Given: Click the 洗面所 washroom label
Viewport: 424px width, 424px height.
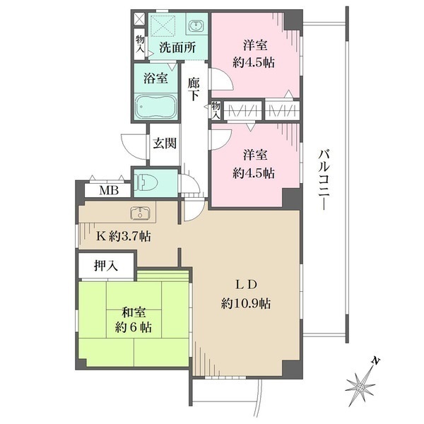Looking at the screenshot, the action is [177, 47].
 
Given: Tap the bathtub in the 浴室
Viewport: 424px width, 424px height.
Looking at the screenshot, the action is [155, 107].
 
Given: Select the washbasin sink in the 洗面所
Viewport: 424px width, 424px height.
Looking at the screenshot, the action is [195, 26].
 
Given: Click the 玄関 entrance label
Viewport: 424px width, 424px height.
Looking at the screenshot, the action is [165, 143].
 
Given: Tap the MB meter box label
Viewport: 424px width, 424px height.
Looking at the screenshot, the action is [109, 190].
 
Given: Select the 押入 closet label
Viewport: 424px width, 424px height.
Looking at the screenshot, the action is [106, 266].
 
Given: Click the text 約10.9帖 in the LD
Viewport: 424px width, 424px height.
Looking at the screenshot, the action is [246, 303].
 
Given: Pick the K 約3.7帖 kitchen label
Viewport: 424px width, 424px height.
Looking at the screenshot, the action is [124, 237].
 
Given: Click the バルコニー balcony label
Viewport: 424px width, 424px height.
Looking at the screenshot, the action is [324, 179].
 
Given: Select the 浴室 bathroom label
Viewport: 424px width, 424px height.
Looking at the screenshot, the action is [155, 78].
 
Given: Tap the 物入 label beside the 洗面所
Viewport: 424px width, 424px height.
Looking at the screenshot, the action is [140, 44].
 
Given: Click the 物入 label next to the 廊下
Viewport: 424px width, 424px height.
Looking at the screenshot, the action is [216, 110].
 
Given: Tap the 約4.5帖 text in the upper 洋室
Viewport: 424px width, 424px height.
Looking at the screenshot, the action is [254, 63].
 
